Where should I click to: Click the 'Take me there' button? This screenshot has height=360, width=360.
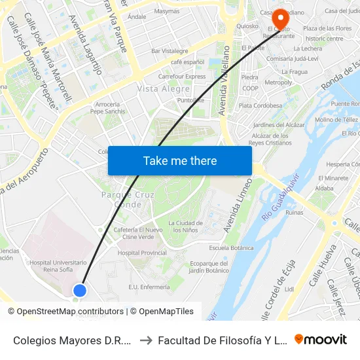[180, 160]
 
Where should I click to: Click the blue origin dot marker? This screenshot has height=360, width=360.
[80, 290]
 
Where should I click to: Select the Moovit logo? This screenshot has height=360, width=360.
[320, 339]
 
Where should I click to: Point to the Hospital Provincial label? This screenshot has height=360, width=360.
[142, 253]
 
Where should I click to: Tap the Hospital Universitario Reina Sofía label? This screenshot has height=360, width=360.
[58, 266]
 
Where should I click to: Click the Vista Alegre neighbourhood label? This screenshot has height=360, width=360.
[164, 88]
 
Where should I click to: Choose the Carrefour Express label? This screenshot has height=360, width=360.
[181, 77]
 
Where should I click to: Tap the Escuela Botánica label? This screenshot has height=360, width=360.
[231, 248]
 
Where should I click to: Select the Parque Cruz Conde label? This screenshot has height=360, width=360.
[122, 200]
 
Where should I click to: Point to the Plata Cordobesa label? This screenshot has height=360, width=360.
[260, 105]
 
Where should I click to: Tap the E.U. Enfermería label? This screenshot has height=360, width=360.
[149, 287]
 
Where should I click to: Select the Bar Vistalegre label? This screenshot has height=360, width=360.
[170, 50]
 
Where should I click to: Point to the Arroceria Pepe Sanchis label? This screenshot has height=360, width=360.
[107, 108]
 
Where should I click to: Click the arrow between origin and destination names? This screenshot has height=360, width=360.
[145, 339]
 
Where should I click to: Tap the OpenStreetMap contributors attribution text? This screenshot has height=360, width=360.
[70, 312]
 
